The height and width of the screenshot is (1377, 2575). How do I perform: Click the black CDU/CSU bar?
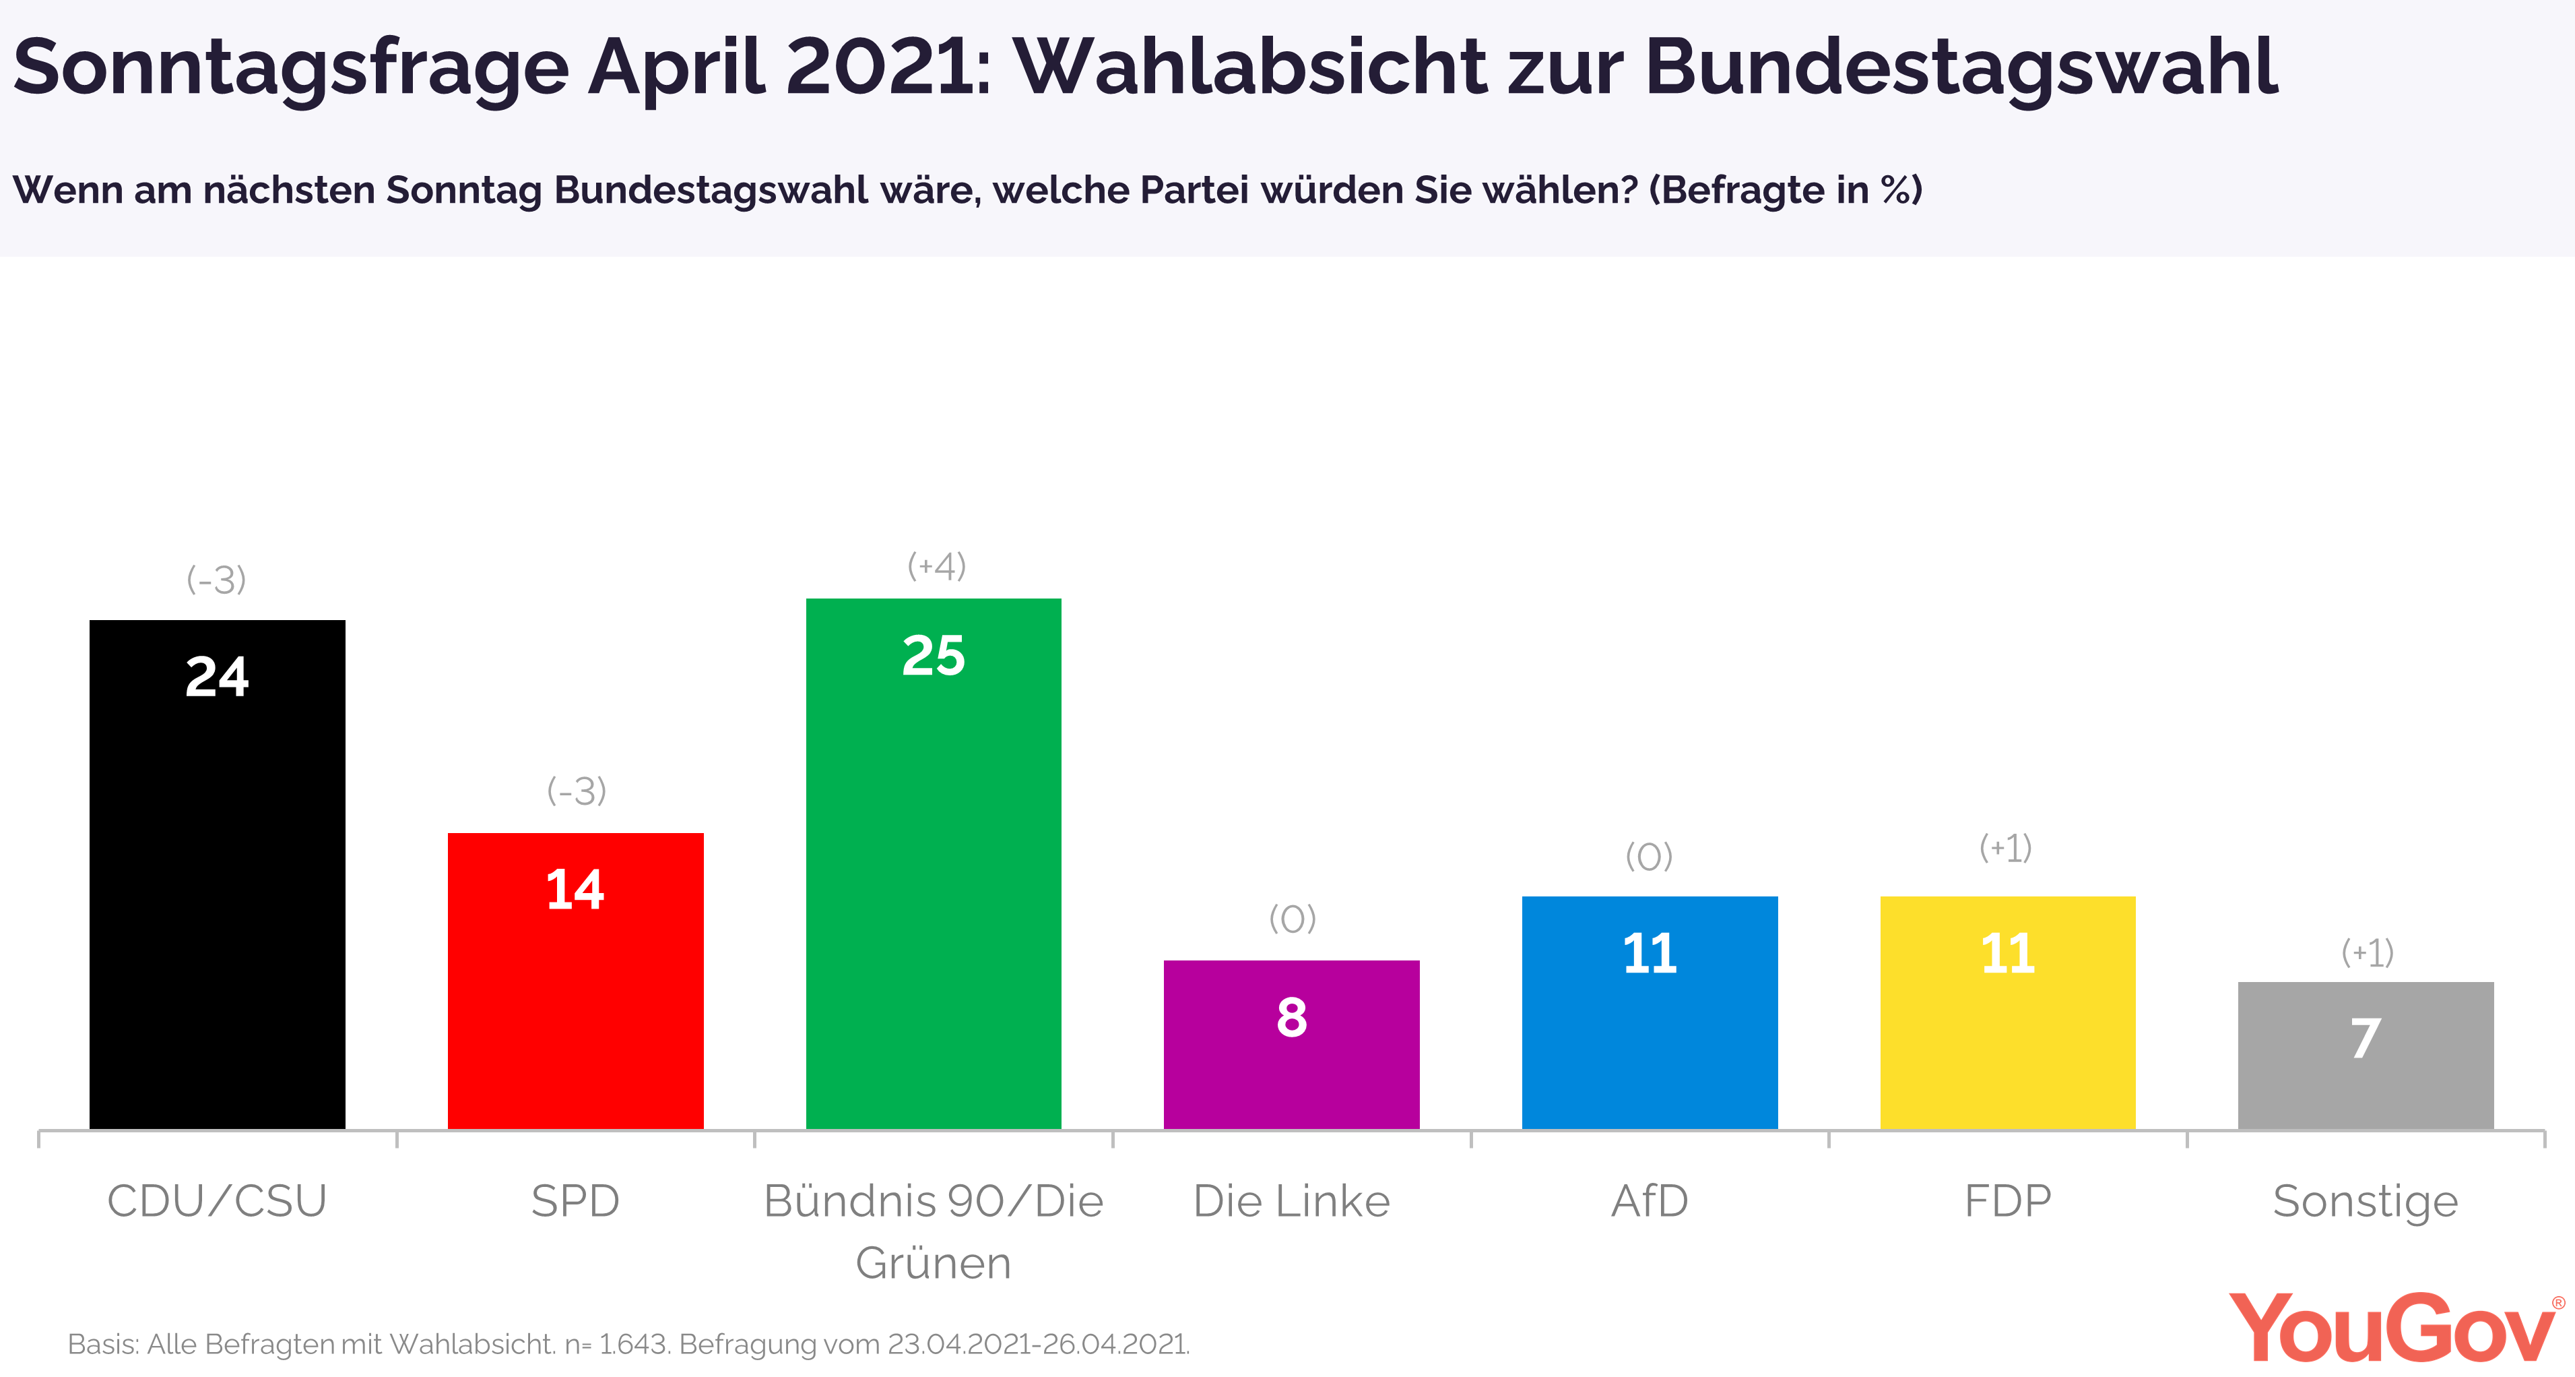point(217,875)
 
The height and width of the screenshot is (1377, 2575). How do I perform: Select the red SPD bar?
point(576,981)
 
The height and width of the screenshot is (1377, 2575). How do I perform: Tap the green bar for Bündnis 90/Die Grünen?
point(934,864)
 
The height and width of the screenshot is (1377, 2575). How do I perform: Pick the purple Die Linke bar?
point(1291,1045)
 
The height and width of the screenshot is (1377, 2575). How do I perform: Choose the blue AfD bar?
point(1650,1013)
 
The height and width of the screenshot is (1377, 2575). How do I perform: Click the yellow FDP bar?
point(2009,1013)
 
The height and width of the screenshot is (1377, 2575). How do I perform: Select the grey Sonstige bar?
point(2366,1056)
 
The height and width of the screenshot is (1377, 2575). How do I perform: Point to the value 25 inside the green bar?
point(934,656)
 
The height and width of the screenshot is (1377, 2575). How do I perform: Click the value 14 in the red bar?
point(576,889)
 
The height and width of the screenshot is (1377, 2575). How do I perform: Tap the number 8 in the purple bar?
point(1291,1017)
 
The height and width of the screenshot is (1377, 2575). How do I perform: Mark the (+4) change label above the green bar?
point(937,566)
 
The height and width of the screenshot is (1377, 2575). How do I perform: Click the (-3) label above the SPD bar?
point(577,791)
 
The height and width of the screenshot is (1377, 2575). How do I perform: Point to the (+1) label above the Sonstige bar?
point(2367,952)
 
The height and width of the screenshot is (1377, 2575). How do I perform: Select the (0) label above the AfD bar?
point(1650,856)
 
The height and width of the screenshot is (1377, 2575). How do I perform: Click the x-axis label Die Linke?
point(1291,1201)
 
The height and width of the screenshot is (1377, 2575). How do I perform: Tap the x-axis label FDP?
point(2009,1201)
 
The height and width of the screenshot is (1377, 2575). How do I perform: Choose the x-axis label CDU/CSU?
point(217,1201)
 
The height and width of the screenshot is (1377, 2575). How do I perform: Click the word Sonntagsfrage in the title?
point(291,69)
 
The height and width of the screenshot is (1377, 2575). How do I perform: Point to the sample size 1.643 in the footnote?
point(632,1344)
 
